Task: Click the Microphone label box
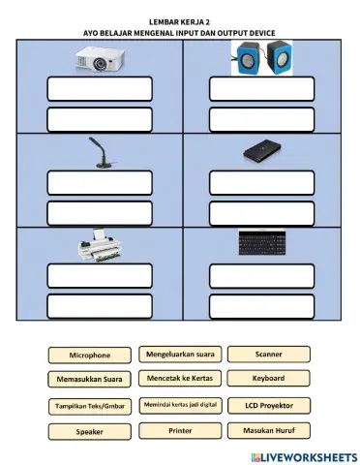point(90,356)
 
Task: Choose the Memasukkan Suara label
point(90,380)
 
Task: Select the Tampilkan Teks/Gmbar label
point(90,407)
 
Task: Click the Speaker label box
point(90,432)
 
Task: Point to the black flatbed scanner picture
point(261,152)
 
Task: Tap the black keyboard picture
point(261,243)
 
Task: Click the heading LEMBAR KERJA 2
point(180,20)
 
